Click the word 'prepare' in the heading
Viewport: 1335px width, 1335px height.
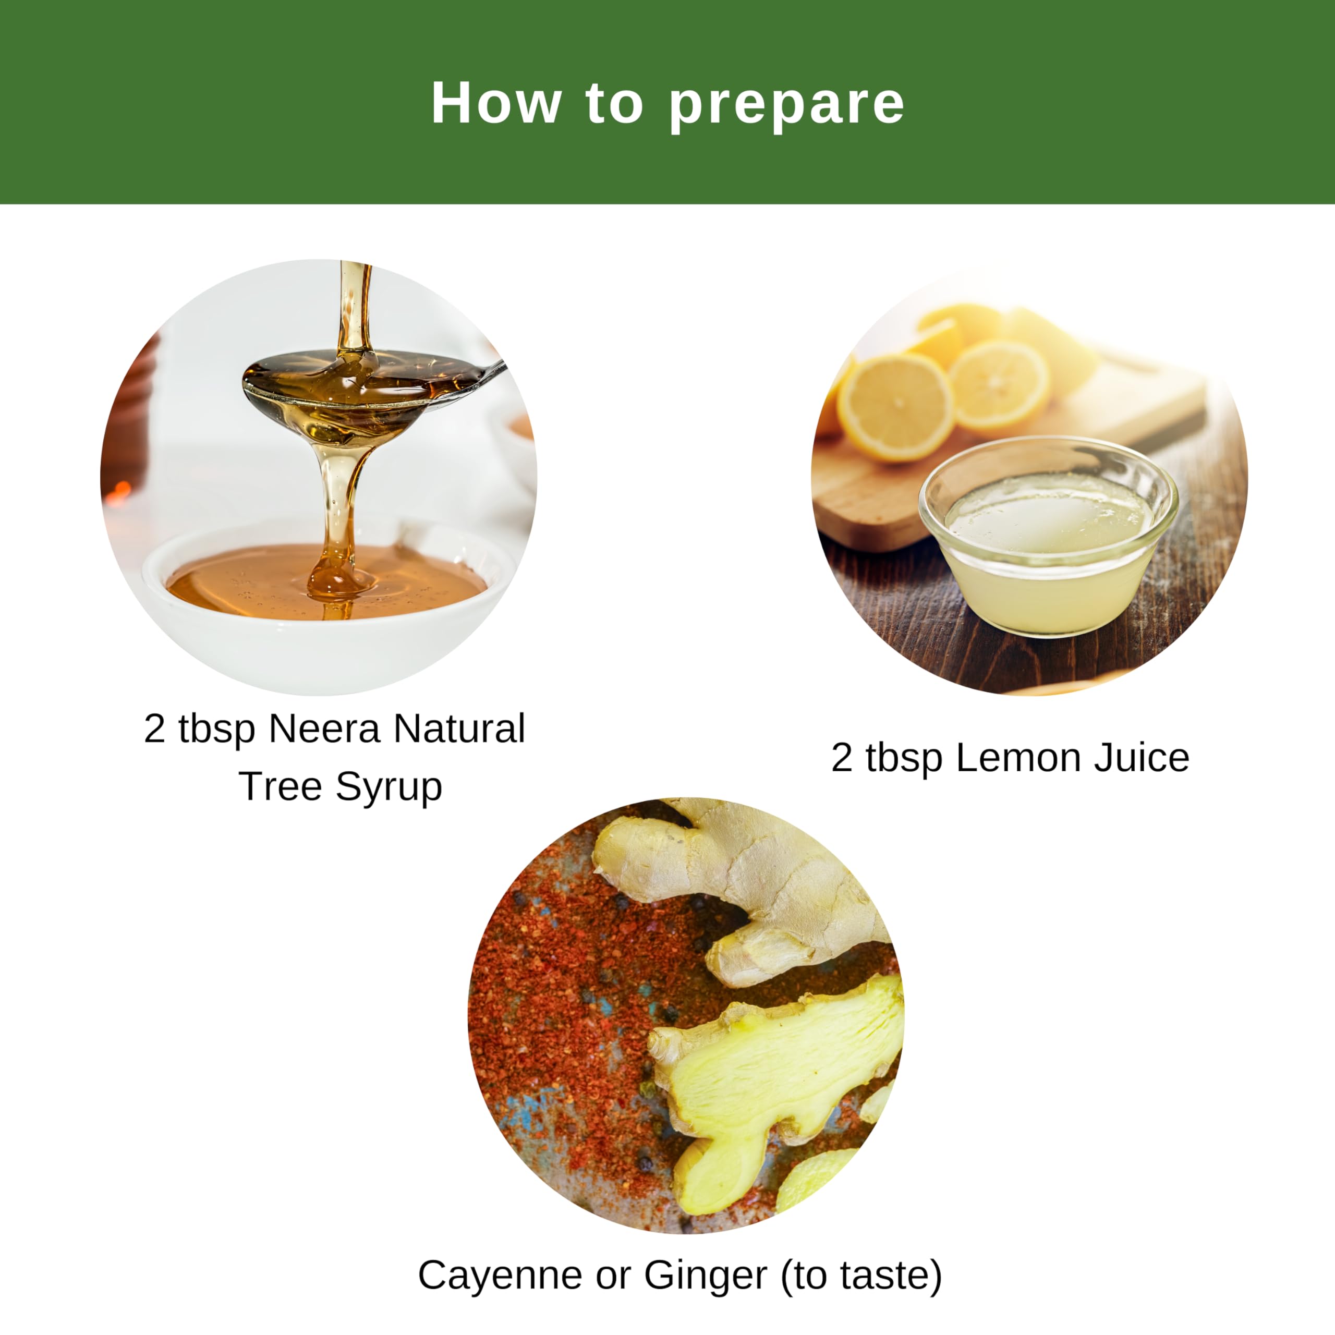(x=786, y=105)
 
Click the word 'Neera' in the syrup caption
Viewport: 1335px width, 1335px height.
(x=324, y=729)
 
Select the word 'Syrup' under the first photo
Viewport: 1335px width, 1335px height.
(x=389, y=786)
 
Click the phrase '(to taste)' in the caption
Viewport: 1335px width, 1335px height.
(x=861, y=1275)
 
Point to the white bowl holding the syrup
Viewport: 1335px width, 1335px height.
(x=325, y=636)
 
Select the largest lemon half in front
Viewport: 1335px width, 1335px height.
(x=895, y=407)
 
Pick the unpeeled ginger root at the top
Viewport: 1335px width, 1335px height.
(x=746, y=871)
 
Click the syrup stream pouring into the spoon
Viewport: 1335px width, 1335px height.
(x=355, y=304)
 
